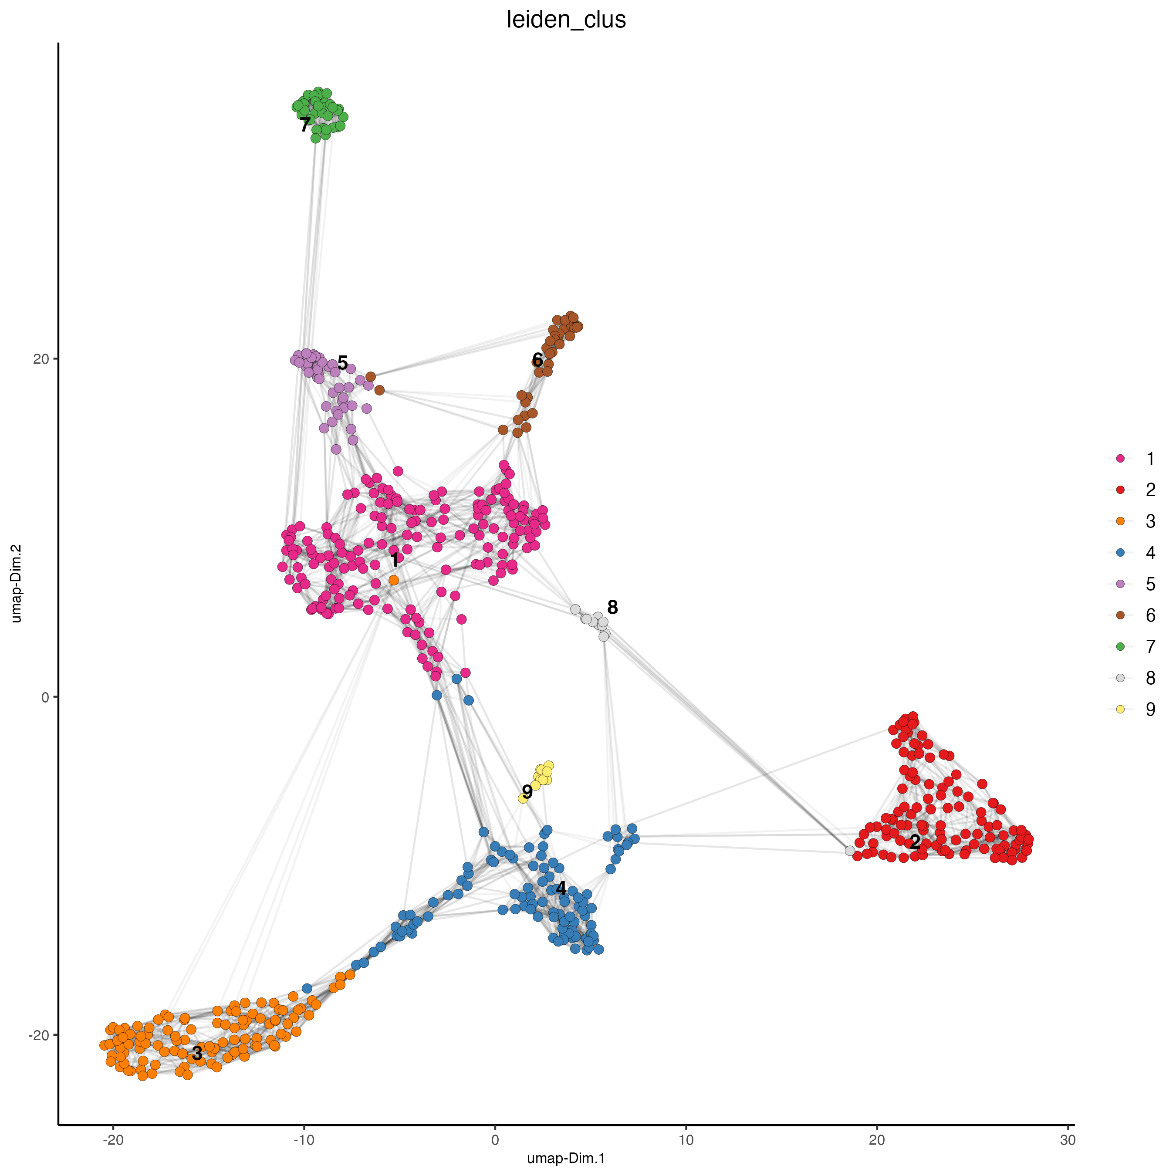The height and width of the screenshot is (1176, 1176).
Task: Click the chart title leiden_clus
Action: [x=566, y=20]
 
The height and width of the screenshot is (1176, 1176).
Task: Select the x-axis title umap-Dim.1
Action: [x=566, y=1158]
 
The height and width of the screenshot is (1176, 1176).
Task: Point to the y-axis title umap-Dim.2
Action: [x=17, y=583]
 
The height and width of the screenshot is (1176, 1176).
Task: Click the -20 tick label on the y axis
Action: [x=38, y=1035]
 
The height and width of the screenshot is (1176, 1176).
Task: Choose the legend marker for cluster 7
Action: [x=1120, y=646]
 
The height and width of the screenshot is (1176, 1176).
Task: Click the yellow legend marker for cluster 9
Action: [x=1120, y=709]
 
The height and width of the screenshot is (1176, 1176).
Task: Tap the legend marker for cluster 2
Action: [x=1120, y=490]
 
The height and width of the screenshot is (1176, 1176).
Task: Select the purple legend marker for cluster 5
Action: [x=1120, y=584]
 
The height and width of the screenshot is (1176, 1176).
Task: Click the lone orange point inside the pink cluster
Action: [x=394, y=581]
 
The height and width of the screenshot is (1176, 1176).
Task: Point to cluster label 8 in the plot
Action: [x=612, y=607]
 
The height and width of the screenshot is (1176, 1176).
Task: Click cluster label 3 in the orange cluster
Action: [x=196, y=1053]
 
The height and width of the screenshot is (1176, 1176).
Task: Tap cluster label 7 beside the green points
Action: [x=305, y=125]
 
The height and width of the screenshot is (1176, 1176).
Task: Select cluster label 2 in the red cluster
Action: [x=914, y=842]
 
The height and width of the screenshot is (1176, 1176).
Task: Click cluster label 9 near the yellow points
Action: [x=527, y=792]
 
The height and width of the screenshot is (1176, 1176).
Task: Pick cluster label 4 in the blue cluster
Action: [x=561, y=888]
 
